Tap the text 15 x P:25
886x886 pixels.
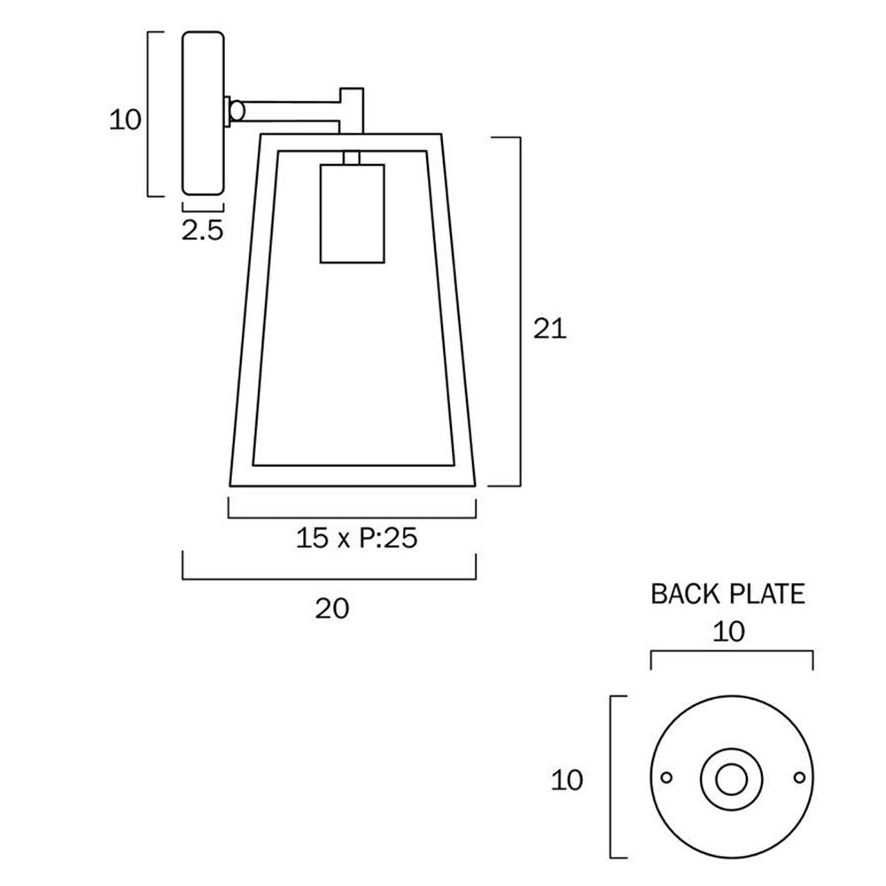[356, 538]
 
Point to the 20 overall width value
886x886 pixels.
[332, 608]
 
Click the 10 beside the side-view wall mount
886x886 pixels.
[125, 119]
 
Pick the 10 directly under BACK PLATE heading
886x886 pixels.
[731, 631]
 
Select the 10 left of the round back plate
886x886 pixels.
[567, 780]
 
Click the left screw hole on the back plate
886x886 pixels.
[667, 778]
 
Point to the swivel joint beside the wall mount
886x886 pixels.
[236, 111]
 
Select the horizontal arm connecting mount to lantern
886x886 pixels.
[292, 111]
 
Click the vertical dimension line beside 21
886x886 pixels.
[517, 310]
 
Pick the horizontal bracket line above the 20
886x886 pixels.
[330, 578]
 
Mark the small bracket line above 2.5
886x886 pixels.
[202, 208]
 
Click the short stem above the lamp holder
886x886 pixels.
[353, 158]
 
